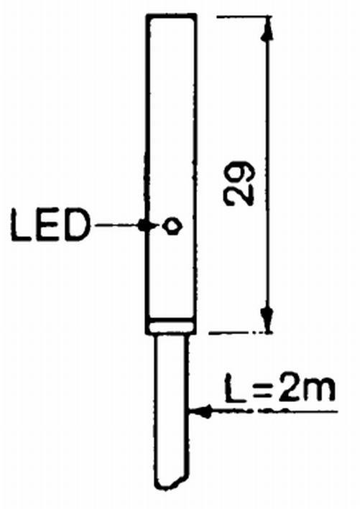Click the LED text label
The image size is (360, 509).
pos(50,225)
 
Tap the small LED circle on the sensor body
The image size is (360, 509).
pos(172,225)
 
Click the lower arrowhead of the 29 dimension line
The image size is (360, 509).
pos(267,319)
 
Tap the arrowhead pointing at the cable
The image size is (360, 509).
pos(200,411)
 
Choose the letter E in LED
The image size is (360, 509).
pos(49,225)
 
